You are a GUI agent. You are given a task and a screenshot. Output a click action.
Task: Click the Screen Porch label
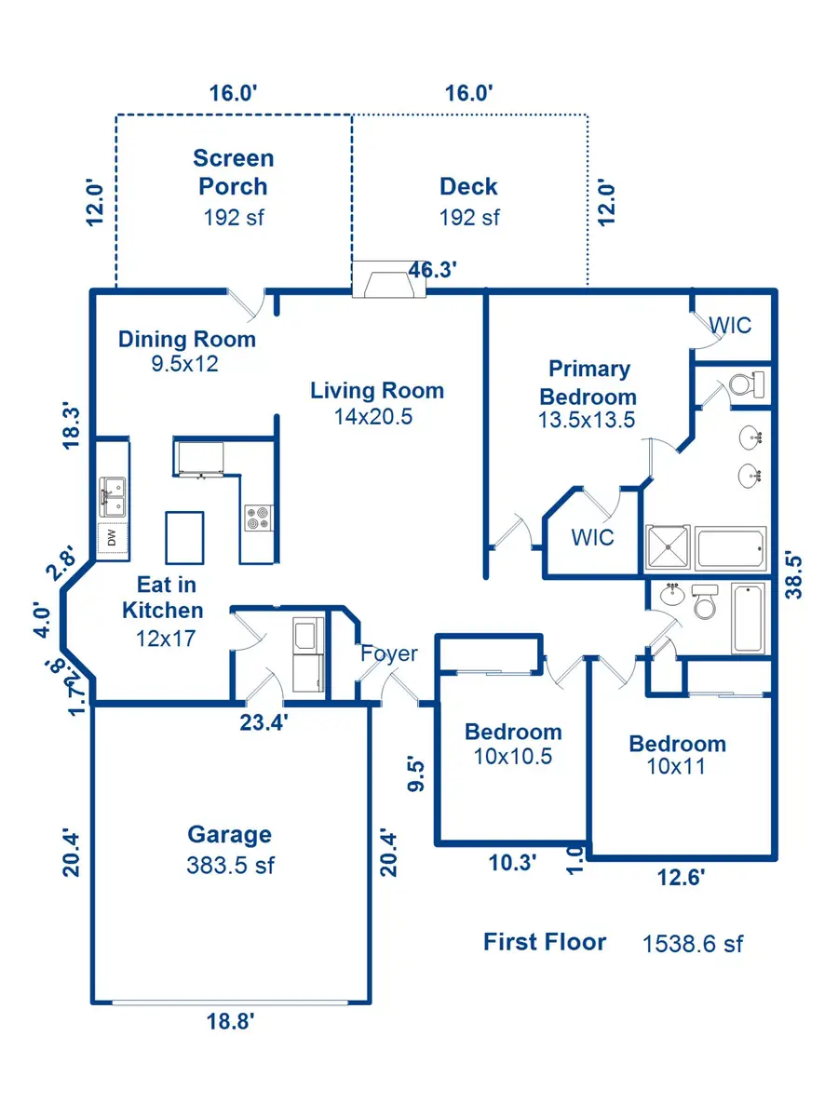233,172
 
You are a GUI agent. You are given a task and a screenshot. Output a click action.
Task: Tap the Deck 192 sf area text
469,218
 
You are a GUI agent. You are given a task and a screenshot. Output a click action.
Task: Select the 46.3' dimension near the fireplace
432,270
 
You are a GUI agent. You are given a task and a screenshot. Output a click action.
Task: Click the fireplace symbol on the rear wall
389,279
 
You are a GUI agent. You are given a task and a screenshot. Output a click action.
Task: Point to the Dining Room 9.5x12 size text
184,364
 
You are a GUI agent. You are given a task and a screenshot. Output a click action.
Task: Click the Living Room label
377,391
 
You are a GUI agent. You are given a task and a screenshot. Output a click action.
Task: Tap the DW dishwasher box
113,537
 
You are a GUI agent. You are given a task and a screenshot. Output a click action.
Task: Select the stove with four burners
259,518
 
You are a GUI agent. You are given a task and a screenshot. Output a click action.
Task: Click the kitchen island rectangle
184,537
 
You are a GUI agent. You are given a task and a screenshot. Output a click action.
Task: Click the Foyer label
389,654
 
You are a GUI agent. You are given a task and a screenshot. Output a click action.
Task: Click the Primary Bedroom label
588,383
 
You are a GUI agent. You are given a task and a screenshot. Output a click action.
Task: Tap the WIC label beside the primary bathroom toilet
730,325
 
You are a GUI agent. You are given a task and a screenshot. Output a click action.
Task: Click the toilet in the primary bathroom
747,384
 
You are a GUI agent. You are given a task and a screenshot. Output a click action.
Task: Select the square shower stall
668,547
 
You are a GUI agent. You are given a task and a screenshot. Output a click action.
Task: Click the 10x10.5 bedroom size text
513,757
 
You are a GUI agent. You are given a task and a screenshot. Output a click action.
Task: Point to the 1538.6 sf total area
693,944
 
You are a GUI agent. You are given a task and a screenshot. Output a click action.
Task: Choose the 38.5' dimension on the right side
793,576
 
